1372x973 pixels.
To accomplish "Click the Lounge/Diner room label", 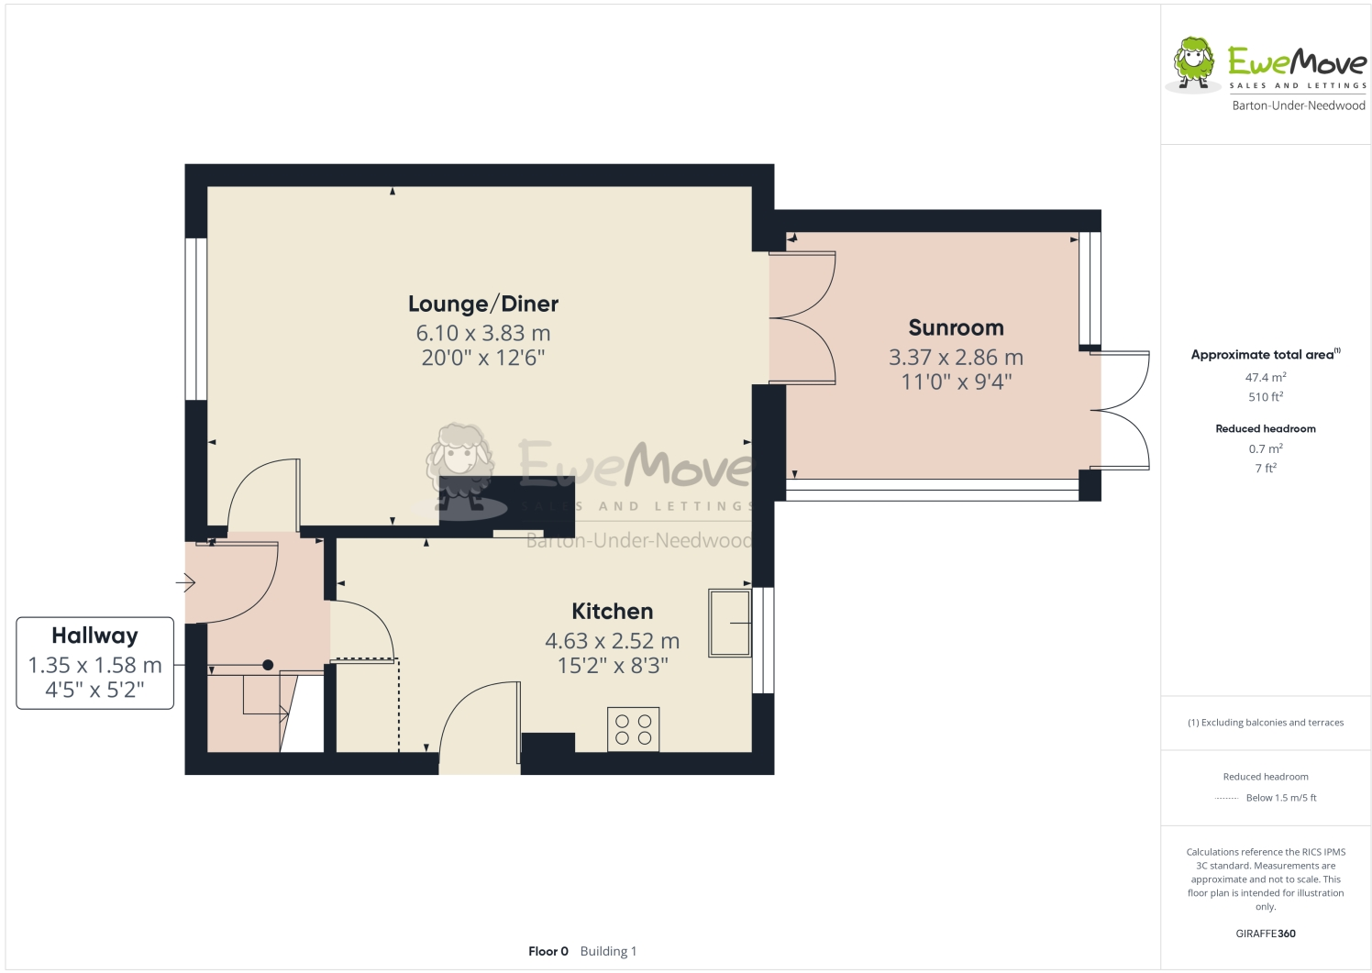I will pyautogui.click(x=482, y=304).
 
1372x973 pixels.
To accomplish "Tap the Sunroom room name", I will pyautogui.click(x=956, y=327).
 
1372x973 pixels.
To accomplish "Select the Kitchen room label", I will pyautogui.click(x=612, y=611).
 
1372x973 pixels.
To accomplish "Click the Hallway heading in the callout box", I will pyautogui.click(x=94, y=636).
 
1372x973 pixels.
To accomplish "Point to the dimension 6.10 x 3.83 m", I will pyautogui.click(x=482, y=333).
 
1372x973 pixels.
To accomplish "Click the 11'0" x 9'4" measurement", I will pyautogui.click(x=956, y=381).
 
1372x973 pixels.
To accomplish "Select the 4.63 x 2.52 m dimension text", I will pyautogui.click(x=612, y=641).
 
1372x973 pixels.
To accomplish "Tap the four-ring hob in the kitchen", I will pyautogui.click(x=633, y=730).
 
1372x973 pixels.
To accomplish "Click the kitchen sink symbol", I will pyautogui.click(x=729, y=623).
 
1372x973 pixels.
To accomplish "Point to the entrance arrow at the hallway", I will pyautogui.click(x=186, y=582).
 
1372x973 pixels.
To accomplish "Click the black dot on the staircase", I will pyautogui.click(x=268, y=665).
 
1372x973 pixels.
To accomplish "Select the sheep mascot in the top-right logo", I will pyautogui.click(x=1193, y=63).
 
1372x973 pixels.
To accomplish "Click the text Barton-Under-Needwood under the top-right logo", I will pyautogui.click(x=1298, y=105).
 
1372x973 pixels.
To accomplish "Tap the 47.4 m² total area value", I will pyautogui.click(x=1265, y=377).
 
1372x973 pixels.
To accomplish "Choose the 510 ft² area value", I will pyautogui.click(x=1265, y=397).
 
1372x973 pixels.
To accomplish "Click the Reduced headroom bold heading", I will pyautogui.click(x=1265, y=428).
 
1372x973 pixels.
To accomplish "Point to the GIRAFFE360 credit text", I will pyautogui.click(x=1265, y=934).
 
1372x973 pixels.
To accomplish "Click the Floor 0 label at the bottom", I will pyautogui.click(x=548, y=951).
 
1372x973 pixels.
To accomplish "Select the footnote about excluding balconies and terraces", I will pyautogui.click(x=1265, y=723).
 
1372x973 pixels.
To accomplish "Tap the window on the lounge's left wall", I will pyautogui.click(x=195, y=319).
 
